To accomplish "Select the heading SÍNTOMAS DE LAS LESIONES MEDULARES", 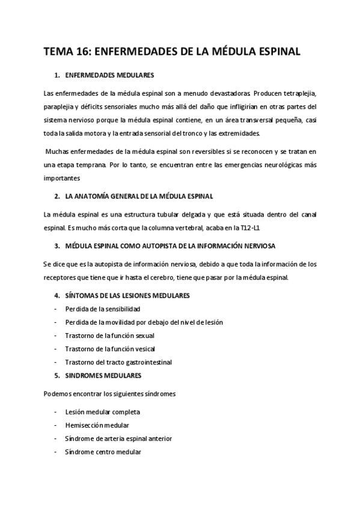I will click(127, 295).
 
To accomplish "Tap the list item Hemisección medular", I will click(97, 425).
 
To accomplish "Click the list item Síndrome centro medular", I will click(103, 452).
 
